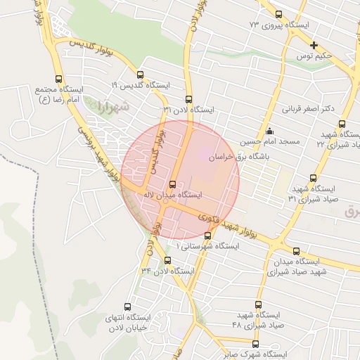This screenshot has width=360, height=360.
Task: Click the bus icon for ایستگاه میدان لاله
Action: (x=173, y=185)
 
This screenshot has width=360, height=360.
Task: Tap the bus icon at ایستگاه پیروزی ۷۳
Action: (x=279, y=15)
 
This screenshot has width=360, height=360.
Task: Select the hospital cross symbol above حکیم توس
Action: (x=314, y=45)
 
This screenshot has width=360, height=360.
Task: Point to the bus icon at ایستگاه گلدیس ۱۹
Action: (x=140, y=75)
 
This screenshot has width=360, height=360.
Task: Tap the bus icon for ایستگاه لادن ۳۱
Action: (x=188, y=99)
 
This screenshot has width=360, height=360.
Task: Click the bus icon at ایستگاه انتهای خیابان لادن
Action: (x=127, y=307)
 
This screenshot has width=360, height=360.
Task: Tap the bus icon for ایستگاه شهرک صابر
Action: (x=255, y=345)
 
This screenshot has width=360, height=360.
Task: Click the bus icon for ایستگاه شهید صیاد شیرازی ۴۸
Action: (x=258, y=304)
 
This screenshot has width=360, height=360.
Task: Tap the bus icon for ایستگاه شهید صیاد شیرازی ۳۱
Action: (x=313, y=179)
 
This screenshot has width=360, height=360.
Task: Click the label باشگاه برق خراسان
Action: (x=238, y=159)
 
